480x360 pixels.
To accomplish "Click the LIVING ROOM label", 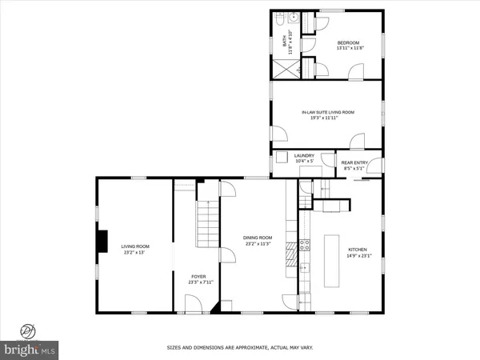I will coord(133,249).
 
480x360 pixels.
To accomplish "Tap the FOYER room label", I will coord(198,279).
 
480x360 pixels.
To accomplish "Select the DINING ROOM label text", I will coord(258,240).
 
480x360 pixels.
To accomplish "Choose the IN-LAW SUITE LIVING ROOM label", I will coord(327,115).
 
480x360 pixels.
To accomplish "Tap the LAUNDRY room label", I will coord(304,158).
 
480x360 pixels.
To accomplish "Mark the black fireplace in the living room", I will coord(102,241).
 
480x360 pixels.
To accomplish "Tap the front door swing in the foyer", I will coord(193,302).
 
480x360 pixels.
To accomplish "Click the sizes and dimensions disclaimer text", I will coord(240,348).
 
